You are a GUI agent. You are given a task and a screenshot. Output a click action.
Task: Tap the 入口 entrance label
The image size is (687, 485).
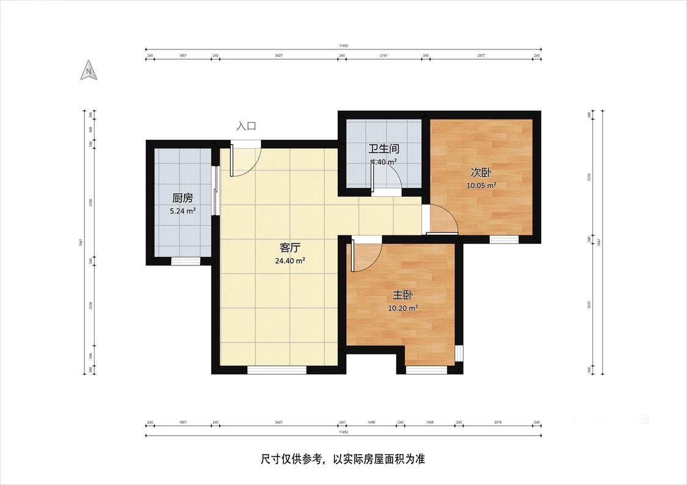(x=246, y=126)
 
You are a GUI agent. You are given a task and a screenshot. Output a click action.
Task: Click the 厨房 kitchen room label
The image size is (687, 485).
(x=183, y=198)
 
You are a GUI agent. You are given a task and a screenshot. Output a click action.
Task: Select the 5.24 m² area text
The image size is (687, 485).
(x=183, y=211)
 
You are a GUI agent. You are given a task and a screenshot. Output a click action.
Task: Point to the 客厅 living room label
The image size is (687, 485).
(x=289, y=247)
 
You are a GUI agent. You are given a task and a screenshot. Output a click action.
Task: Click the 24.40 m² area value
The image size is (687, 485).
(x=290, y=260)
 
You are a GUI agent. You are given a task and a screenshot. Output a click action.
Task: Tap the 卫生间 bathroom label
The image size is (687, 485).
(x=383, y=149)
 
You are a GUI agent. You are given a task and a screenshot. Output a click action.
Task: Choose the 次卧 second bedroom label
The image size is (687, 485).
(x=481, y=173)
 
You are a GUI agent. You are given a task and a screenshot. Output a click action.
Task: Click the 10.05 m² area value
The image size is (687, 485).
(x=481, y=185)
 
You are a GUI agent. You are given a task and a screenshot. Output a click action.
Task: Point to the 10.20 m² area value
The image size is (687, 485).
(x=402, y=308)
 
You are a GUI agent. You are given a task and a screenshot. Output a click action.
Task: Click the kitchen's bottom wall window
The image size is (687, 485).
(x=185, y=262)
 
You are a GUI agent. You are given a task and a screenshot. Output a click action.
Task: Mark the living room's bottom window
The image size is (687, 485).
(x=277, y=370)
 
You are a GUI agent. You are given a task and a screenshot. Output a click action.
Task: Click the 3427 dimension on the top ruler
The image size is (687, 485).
(x=278, y=56)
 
